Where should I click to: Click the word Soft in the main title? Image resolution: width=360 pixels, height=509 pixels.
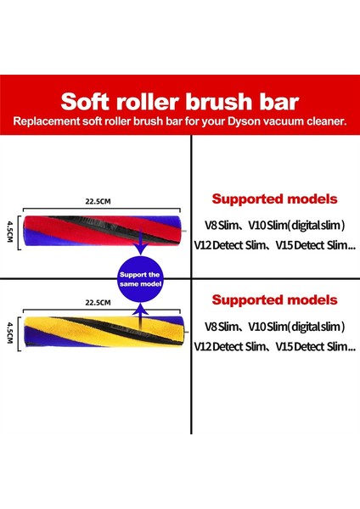87,103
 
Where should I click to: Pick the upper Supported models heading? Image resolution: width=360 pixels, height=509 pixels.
274,200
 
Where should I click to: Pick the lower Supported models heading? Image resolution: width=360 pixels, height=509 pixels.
274,300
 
